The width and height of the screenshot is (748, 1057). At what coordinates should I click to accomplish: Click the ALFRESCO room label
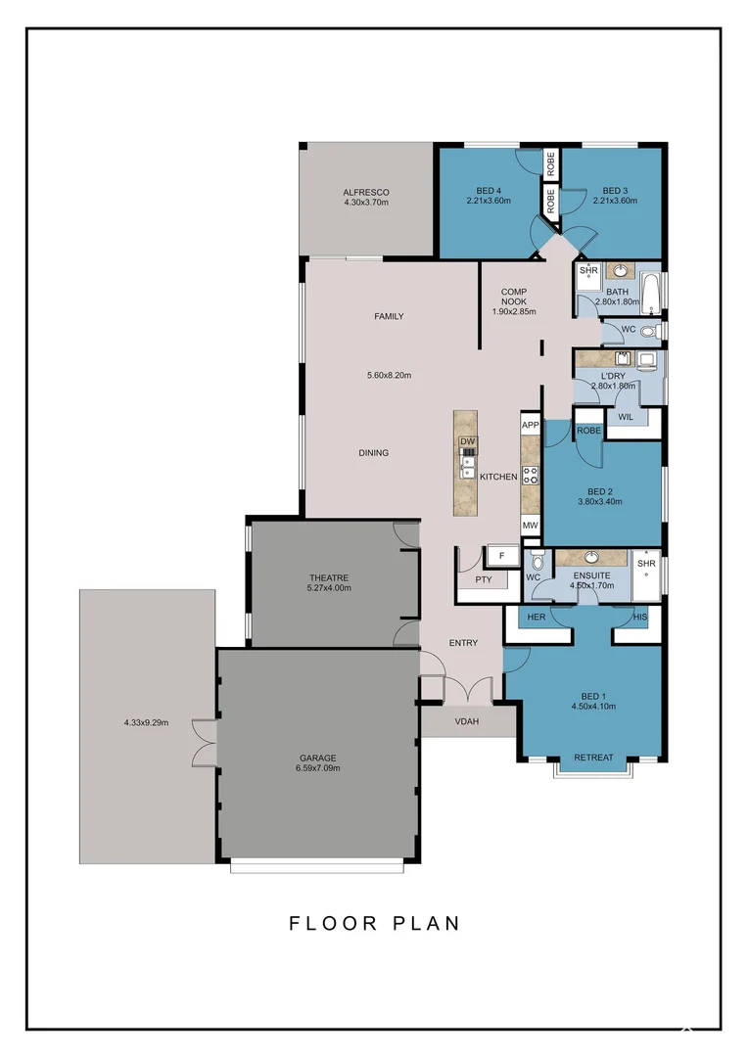(366, 192)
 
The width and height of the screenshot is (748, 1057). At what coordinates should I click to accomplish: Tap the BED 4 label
(489, 190)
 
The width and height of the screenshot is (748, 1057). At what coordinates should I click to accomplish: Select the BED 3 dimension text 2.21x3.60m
(615, 201)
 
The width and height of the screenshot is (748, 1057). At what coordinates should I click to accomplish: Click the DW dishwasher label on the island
(468, 441)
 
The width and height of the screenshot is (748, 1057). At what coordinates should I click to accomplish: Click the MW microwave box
(531, 526)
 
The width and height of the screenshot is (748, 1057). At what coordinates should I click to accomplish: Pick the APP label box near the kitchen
(531, 425)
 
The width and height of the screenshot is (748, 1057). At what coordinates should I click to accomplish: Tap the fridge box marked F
(501, 556)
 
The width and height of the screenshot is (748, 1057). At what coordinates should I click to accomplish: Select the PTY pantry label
(483, 579)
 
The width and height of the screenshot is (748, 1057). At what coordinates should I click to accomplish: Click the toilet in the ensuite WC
(536, 564)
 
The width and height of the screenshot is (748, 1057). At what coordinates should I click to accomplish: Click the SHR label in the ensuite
(645, 564)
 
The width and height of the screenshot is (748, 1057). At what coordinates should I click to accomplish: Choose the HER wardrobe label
(536, 618)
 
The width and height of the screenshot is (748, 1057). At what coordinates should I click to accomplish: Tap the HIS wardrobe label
(640, 618)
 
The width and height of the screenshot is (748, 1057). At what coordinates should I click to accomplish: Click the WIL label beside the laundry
(627, 417)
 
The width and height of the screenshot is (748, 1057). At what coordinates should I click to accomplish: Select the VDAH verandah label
(467, 722)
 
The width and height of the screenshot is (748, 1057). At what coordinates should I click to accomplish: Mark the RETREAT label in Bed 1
(593, 758)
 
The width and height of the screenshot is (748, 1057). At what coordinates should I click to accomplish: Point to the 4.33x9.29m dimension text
(147, 723)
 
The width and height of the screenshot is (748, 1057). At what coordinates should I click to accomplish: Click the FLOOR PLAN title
(374, 923)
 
